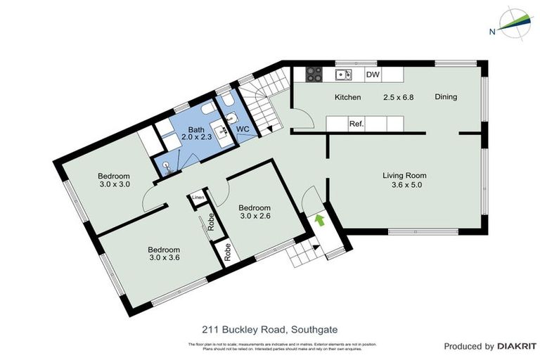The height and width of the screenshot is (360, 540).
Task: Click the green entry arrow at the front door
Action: point(320,220)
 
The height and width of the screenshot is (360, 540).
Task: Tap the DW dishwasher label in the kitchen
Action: point(373,74)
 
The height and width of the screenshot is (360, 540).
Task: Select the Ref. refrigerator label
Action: point(356,124)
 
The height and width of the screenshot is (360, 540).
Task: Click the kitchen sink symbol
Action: point(344,74)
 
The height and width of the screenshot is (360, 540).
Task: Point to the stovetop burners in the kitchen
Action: point(312,74)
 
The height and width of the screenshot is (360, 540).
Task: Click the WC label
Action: point(243,130)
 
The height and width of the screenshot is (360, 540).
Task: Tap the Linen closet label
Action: point(198,199)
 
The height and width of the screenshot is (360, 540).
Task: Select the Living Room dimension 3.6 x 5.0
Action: point(404,186)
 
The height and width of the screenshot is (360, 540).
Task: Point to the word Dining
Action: point(446,97)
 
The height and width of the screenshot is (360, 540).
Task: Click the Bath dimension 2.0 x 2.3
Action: point(192,139)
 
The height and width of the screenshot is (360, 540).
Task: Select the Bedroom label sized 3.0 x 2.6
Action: point(255,212)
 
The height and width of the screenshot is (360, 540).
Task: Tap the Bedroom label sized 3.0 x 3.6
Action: point(163,254)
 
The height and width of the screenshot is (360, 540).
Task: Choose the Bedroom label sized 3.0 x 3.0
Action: point(114,180)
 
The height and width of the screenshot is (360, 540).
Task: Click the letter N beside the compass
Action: point(494,31)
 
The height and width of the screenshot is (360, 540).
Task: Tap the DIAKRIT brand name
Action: point(517,346)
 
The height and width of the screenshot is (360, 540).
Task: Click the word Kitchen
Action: point(347,97)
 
